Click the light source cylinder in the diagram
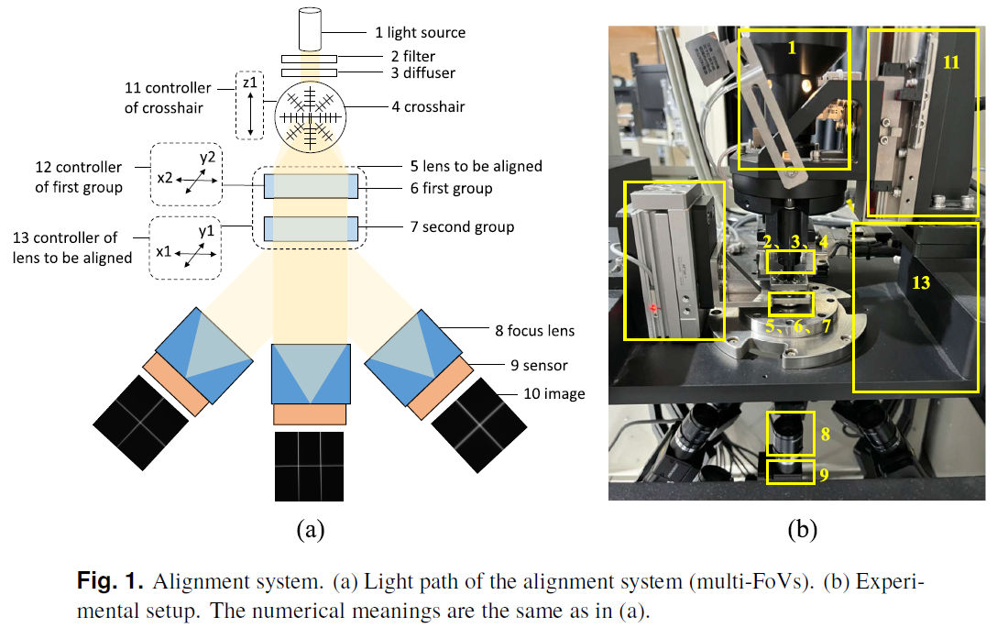310,29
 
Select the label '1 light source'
420,33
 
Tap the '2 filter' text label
404,57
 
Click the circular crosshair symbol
310,116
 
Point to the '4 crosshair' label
428,107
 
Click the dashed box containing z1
248,105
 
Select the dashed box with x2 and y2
186,174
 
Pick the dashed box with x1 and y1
186,248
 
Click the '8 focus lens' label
534,330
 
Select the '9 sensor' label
533,365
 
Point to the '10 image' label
542,394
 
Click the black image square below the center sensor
310,466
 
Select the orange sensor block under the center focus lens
310,415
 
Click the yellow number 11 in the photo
950,62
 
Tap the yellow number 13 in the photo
920,283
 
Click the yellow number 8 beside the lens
825,435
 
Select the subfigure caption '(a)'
310,529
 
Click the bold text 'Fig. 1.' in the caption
110,581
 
